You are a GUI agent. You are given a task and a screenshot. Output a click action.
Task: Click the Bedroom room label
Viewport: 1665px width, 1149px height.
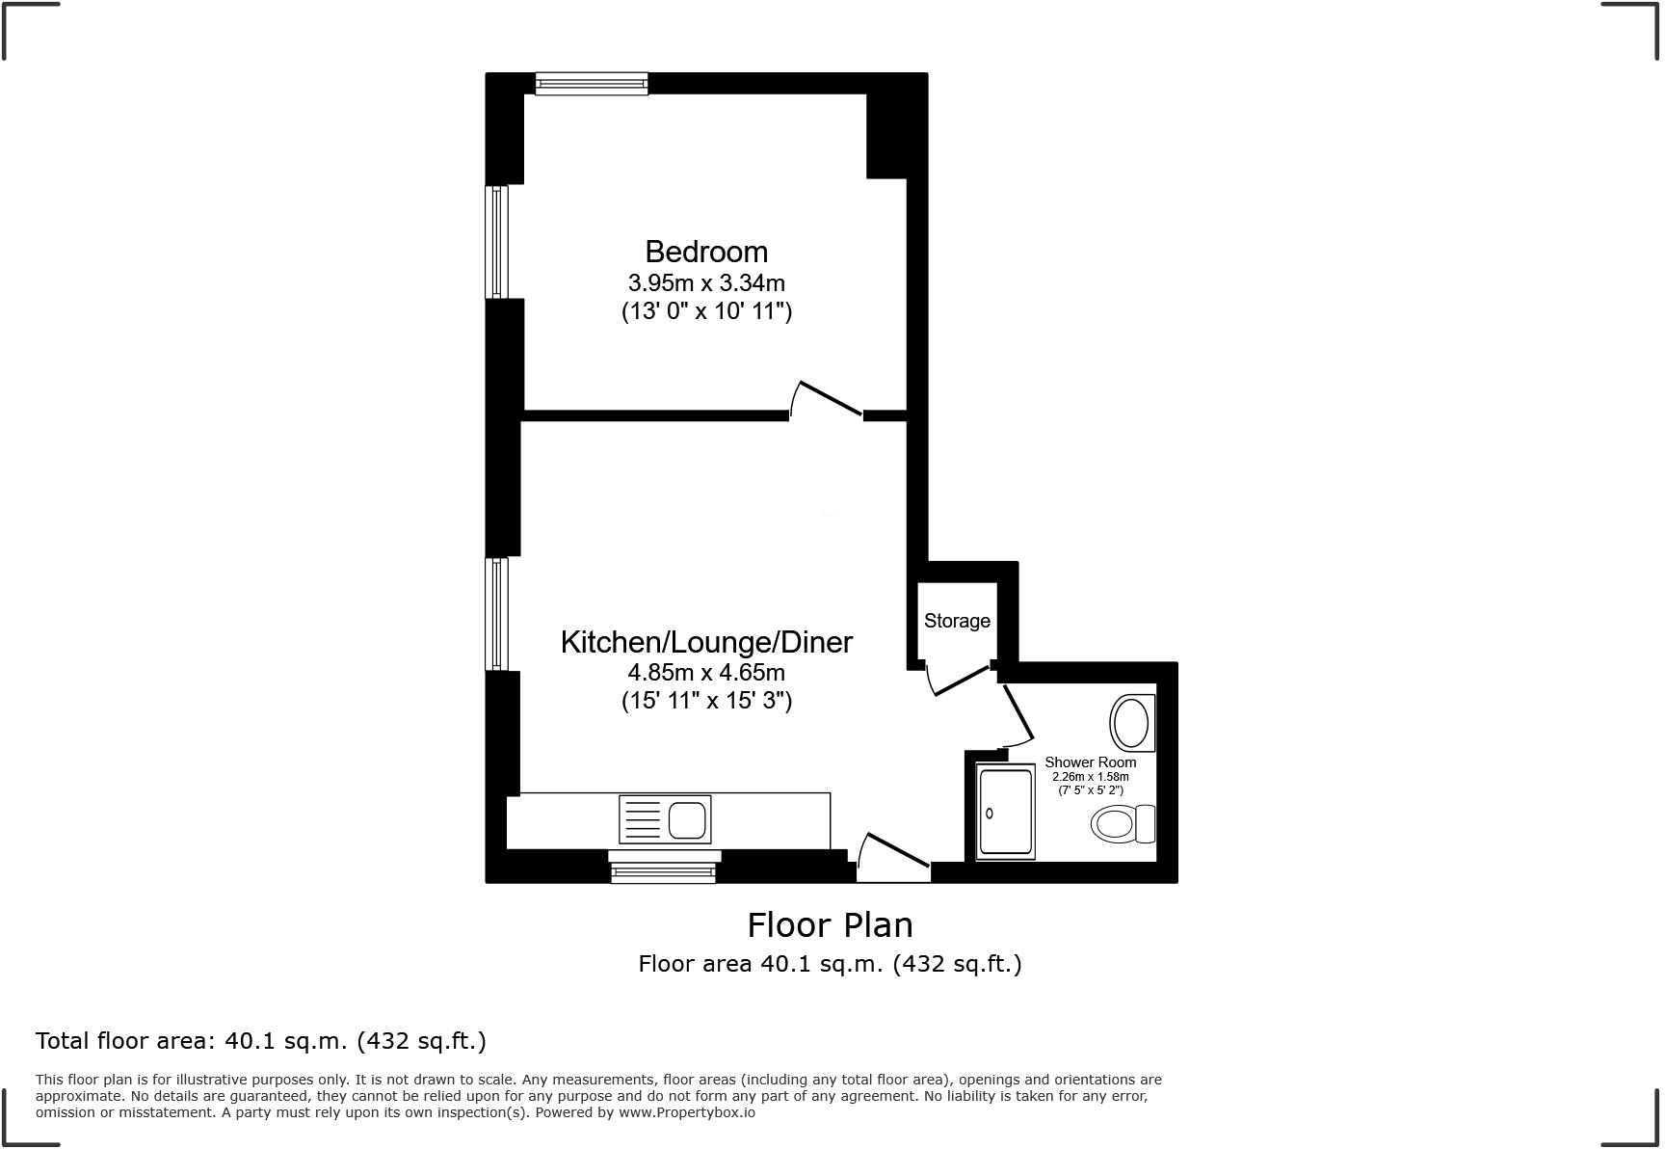(706, 252)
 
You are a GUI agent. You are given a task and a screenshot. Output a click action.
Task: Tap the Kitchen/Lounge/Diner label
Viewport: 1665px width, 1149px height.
(706, 642)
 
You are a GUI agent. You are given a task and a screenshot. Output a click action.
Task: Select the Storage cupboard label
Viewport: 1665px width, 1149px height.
(957, 621)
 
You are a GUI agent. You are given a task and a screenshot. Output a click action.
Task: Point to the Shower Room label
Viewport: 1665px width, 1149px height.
(1090, 762)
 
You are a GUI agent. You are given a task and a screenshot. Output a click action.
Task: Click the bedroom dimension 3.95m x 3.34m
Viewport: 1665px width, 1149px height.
(706, 283)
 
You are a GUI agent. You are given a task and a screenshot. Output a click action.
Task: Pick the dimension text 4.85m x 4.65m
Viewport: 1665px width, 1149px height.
(706, 672)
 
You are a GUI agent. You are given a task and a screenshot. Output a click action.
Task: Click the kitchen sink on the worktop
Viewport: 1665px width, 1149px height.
(665, 819)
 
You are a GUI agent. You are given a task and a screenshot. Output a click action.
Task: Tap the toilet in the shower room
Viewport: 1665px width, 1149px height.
(1123, 824)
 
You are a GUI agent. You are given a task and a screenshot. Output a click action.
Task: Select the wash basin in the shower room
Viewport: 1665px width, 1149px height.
(1131, 722)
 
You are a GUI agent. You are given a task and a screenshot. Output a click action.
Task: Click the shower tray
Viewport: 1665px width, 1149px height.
(1005, 813)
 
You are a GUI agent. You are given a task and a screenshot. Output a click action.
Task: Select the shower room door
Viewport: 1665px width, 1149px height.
(1017, 714)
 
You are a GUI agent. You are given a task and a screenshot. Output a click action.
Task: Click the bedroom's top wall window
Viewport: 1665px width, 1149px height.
(592, 85)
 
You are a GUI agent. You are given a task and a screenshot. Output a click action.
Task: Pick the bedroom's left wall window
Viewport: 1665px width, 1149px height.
(496, 241)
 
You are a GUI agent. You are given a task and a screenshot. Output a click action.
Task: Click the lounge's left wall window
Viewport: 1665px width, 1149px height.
(496, 614)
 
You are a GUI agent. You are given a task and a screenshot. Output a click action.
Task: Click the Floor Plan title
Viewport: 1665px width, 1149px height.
(830, 925)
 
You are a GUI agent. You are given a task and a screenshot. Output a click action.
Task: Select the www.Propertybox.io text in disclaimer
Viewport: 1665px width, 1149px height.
(686, 1112)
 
